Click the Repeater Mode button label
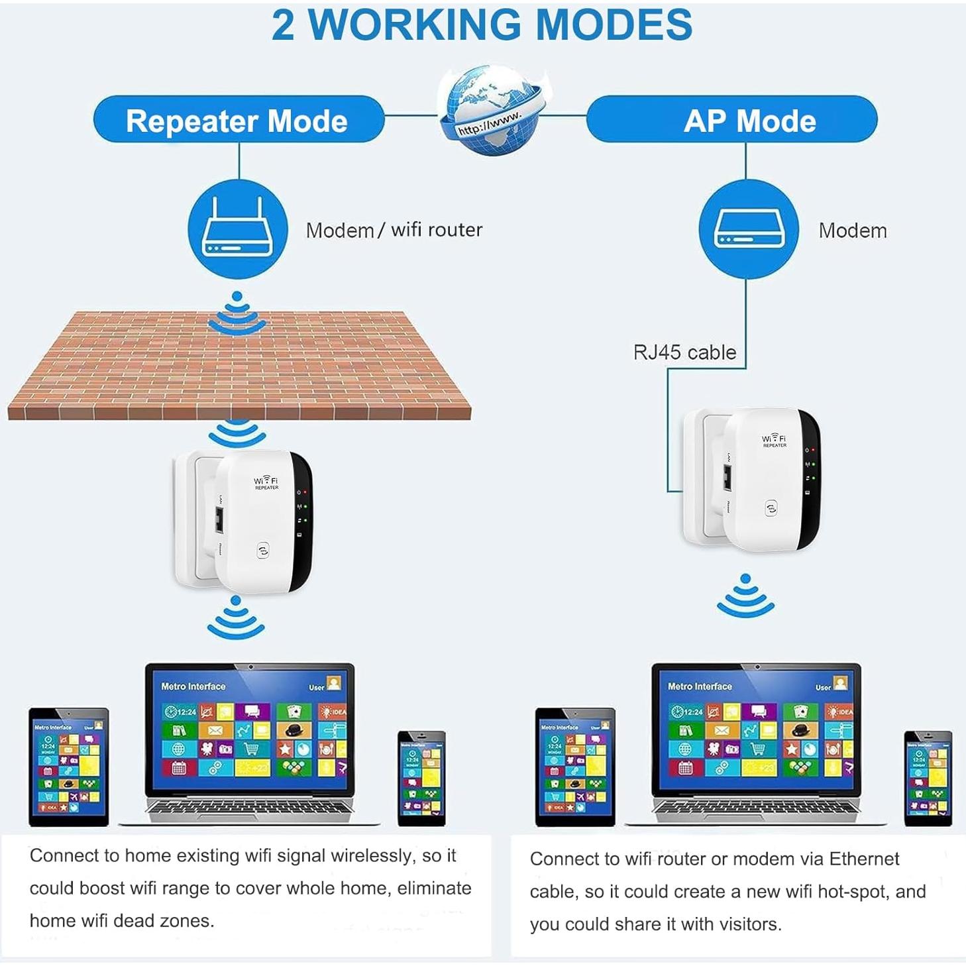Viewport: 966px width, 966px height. coord(237,121)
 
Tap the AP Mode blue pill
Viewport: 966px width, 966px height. coord(731,120)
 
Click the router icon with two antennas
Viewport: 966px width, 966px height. coord(237,229)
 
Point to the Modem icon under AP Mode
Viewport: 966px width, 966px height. coord(748,230)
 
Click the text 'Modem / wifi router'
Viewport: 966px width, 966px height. coord(394,230)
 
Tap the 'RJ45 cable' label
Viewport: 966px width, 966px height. coord(684,352)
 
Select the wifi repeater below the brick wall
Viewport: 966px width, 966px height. coord(244,521)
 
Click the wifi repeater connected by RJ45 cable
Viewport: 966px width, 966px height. coord(752,479)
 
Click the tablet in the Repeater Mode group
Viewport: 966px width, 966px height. coord(68,767)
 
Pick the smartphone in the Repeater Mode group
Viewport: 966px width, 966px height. coord(421,778)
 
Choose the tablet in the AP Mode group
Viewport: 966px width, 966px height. coord(575,767)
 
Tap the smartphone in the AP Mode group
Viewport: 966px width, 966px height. coord(928,778)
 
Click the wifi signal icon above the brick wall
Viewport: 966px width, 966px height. coord(237,313)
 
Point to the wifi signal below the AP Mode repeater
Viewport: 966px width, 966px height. coord(745,596)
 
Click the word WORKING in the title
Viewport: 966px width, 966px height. coord(415,25)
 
